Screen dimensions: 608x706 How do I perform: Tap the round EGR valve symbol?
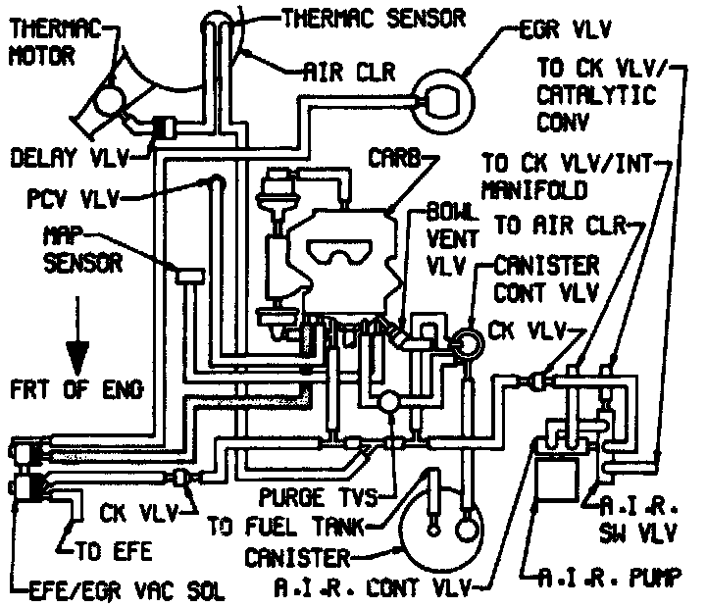437,99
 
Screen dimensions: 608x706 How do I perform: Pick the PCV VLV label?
73,200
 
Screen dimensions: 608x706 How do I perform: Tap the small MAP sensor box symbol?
186,280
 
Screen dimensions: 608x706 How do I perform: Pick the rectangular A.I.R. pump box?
563,489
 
